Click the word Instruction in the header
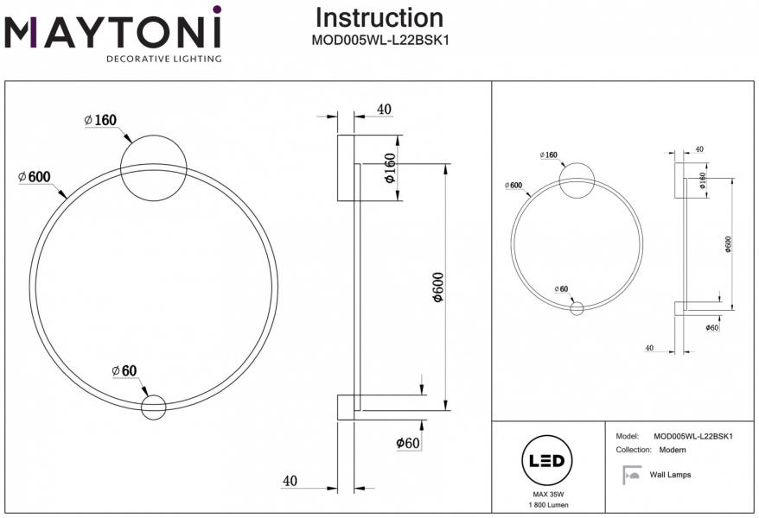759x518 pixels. (379, 17)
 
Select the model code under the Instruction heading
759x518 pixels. (379, 39)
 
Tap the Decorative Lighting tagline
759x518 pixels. (163, 60)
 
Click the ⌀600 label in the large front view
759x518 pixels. (34, 177)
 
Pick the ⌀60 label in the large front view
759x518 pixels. (124, 371)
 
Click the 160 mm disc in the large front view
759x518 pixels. (154, 167)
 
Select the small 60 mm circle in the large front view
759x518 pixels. (153, 407)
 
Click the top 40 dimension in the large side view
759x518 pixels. (385, 110)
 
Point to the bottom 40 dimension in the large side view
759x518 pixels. (290, 481)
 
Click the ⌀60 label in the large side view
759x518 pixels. (407, 443)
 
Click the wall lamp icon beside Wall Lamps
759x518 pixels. (631, 474)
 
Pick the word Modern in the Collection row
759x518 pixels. (672, 450)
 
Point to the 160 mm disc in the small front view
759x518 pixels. (577, 180)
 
